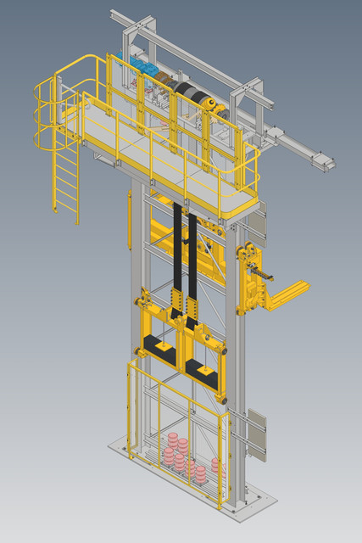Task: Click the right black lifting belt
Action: (x=193, y=259)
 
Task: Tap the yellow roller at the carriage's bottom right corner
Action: (x=221, y=396)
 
